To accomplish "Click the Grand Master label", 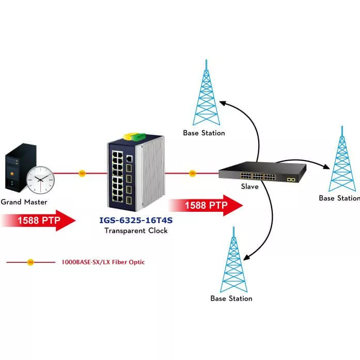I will pyautogui.click(x=24, y=202).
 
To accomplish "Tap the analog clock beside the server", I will pyautogui.click(x=40, y=179).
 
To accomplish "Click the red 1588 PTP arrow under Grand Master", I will pyautogui.click(x=39, y=221).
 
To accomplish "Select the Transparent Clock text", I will pyautogui.click(x=136, y=230).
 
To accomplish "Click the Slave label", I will pyautogui.click(x=249, y=186).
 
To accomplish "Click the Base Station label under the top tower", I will pyautogui.click(x=204, y=133).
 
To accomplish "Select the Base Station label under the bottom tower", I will pyautogui.click(x=231, y=298).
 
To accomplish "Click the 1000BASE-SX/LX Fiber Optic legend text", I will pyautogui.click(x=103, y=262).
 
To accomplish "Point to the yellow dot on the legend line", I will pyautogui.click(x=30, y=262).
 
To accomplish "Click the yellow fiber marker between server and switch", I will pyautogui.click(x=82, y=174).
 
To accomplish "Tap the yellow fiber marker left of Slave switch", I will pyautogui.click(x=193, y=174).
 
